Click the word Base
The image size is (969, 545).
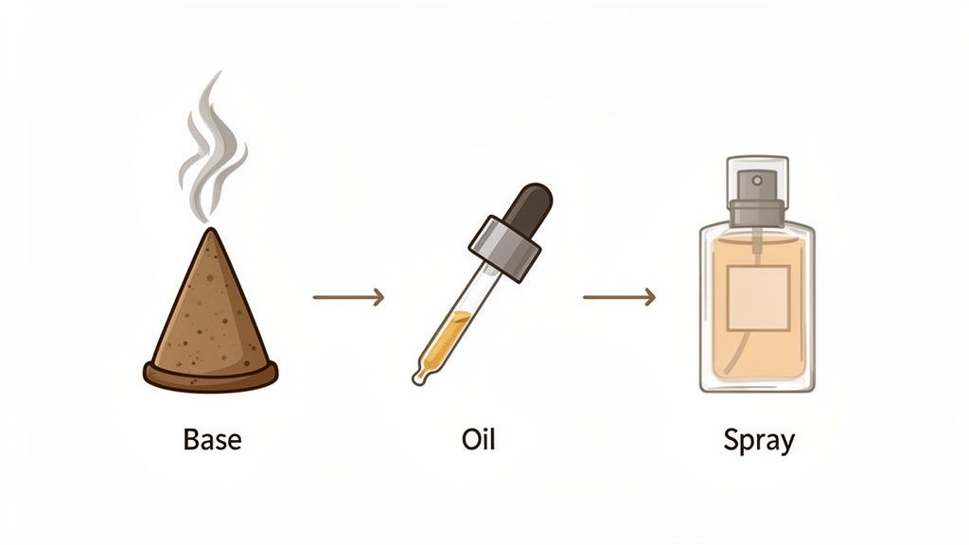pyautogui.click(x=212, y=440)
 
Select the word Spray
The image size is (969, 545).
pyautogui.click(x=759, y=440)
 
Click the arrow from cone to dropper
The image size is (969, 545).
pyautogui.click(x=348, y=297)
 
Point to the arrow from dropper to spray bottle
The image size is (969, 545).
pyautogui.click(x=619, y=297)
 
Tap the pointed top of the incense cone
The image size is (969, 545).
pyautogui.click(x=214, y=233)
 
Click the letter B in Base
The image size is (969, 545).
pyautogui.click(x=189, y=440)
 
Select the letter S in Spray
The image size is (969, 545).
pyautogui.click(x=731, y=440)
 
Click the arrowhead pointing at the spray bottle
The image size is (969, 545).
pyautogui.click(x=649, y=297)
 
